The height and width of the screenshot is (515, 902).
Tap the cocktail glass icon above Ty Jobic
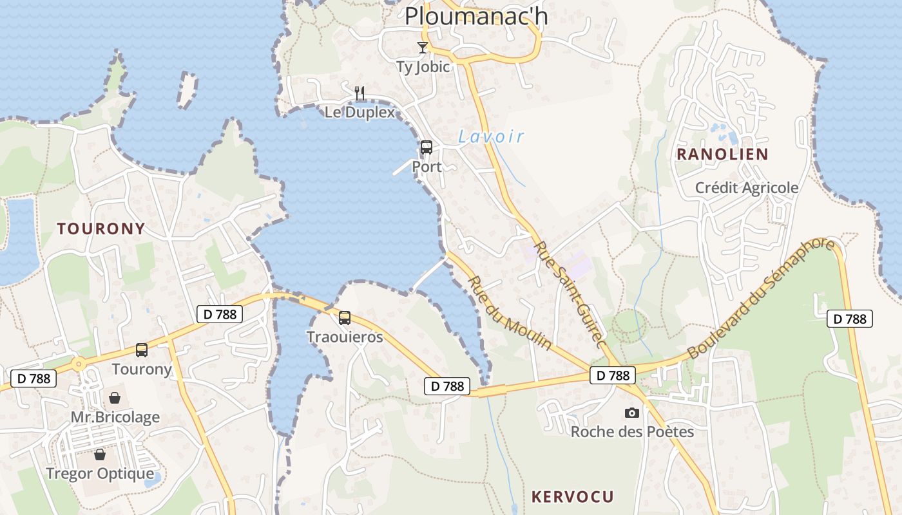pos(423,48)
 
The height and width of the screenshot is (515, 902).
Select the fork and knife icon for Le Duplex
pos(360,94)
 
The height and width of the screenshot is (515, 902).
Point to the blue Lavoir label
pos(491,136)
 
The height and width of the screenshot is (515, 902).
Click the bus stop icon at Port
pos(427,147)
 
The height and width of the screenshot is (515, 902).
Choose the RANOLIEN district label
pos(722,154)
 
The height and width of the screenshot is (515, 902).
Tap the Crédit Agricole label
pos(747,188)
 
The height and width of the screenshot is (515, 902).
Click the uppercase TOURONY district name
pos(101,229)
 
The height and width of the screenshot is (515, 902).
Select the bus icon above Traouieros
pos(345,318)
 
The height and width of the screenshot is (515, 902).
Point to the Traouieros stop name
pos(345,337)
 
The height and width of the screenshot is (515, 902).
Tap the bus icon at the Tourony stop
pos(142,350)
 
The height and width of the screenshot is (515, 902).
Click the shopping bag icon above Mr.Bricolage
pos(115,398)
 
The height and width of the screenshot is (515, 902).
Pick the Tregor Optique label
pos(100,474)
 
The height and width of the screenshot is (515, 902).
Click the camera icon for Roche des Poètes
pos(632,413)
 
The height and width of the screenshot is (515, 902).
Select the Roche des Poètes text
pos(632,431)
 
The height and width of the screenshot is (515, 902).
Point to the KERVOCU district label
pos(572,497)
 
